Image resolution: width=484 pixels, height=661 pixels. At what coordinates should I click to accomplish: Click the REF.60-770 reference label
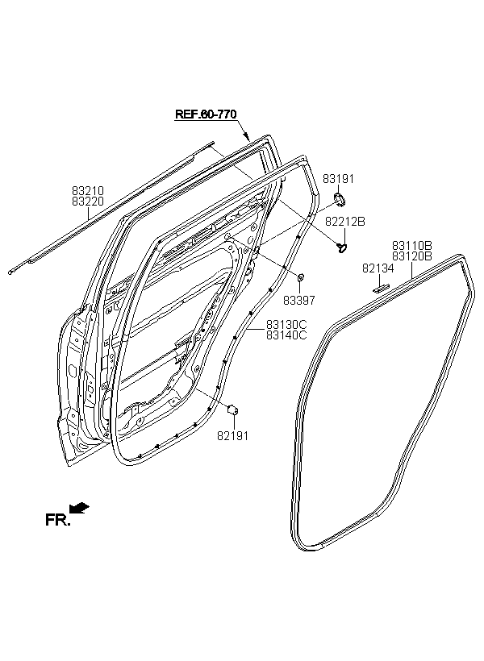click(206, 114)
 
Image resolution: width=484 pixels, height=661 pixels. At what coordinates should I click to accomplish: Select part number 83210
click(88, 191)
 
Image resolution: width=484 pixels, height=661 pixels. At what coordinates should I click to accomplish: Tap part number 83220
click(88, 202)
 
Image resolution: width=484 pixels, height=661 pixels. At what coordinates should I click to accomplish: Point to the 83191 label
click(339, 179)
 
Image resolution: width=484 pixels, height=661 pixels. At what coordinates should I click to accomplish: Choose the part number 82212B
click(344, 222)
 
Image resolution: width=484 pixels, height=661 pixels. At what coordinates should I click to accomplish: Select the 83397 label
click(298, 301)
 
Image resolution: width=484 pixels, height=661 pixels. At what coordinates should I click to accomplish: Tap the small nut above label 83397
click(301, 277)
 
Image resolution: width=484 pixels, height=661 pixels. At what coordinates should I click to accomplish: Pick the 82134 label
click(378, 268)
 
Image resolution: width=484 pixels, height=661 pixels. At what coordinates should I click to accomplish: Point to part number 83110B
click(412, 245)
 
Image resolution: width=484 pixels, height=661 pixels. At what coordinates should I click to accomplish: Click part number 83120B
click(412, 256)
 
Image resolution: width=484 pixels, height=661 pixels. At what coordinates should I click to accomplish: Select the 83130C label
click(286, 325)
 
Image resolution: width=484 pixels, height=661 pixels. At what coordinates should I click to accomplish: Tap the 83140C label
click(286, 335)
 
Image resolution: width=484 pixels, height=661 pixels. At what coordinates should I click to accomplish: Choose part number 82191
click(232, 436)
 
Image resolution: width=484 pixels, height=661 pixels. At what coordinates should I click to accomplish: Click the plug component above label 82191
click(233, 409)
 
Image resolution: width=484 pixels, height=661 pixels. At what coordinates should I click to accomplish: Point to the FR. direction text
click(57, 520)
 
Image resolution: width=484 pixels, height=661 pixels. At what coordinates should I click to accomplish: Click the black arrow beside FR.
click(79, 508)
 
